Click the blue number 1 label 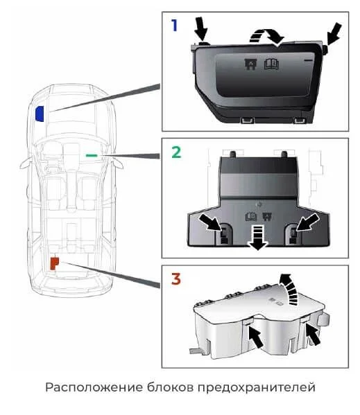(x=174, y=26)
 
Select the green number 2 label (x=176, y=152)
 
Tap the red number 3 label (x=176, y=279)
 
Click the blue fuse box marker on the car (x=40, y=114)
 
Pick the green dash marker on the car (x=92, y=155)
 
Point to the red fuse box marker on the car (x=54, y=263)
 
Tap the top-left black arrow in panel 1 (x=200, y=28)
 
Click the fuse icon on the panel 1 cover (x=250, y=64)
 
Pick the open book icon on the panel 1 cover (x=271, y=64)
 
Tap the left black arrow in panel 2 (x=210, y=222)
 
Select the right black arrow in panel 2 (x=308, y=222)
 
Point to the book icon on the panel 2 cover (x=251, y=216)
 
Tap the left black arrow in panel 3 (x=256, y=337)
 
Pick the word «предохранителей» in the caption (x=257, y=388)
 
